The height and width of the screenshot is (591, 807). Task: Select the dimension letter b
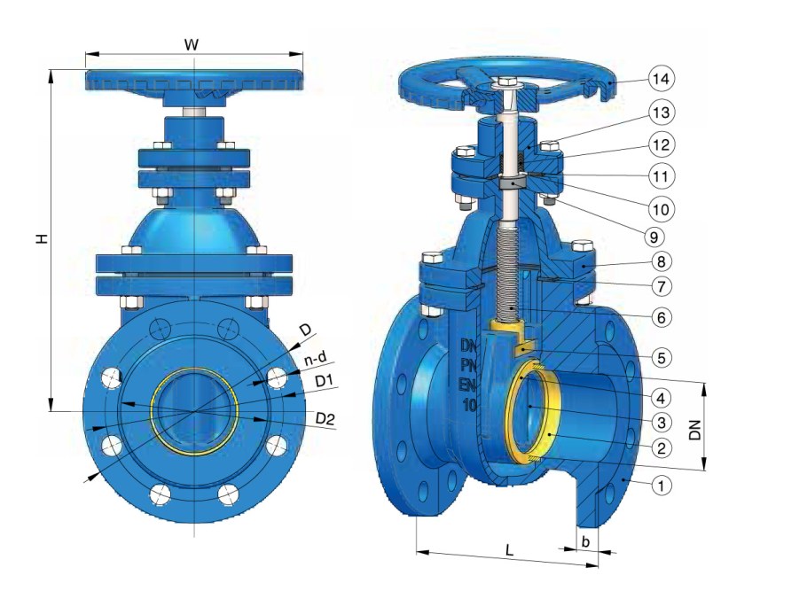point(584,540)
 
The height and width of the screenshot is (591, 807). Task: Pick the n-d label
point(316,360)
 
